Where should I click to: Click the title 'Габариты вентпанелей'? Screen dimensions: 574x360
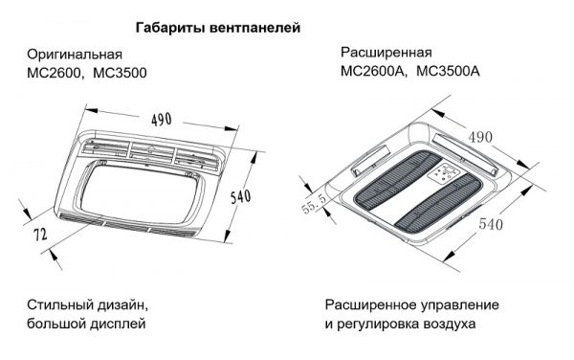click(218, 28)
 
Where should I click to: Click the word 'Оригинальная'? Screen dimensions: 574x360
click(75, 55)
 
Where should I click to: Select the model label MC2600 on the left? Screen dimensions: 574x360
click(55, 73)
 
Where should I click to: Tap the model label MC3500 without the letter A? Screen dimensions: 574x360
click(121, 73)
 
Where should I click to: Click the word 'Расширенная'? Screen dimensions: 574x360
click(386, 53)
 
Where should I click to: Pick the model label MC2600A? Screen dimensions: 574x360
click(373, 71)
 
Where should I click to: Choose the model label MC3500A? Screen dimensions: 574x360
click(448, 71)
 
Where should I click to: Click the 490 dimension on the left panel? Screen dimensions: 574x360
click(162, 119)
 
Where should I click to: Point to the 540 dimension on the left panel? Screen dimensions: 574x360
click(241, 196)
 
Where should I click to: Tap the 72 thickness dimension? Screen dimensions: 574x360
click(40, 235)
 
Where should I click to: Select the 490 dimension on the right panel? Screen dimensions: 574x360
click(480, 138)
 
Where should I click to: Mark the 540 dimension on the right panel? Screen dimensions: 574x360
click(491, 224)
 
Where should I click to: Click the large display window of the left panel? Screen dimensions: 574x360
click(141, 193)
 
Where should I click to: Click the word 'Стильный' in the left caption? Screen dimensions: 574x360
click(60, 305)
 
